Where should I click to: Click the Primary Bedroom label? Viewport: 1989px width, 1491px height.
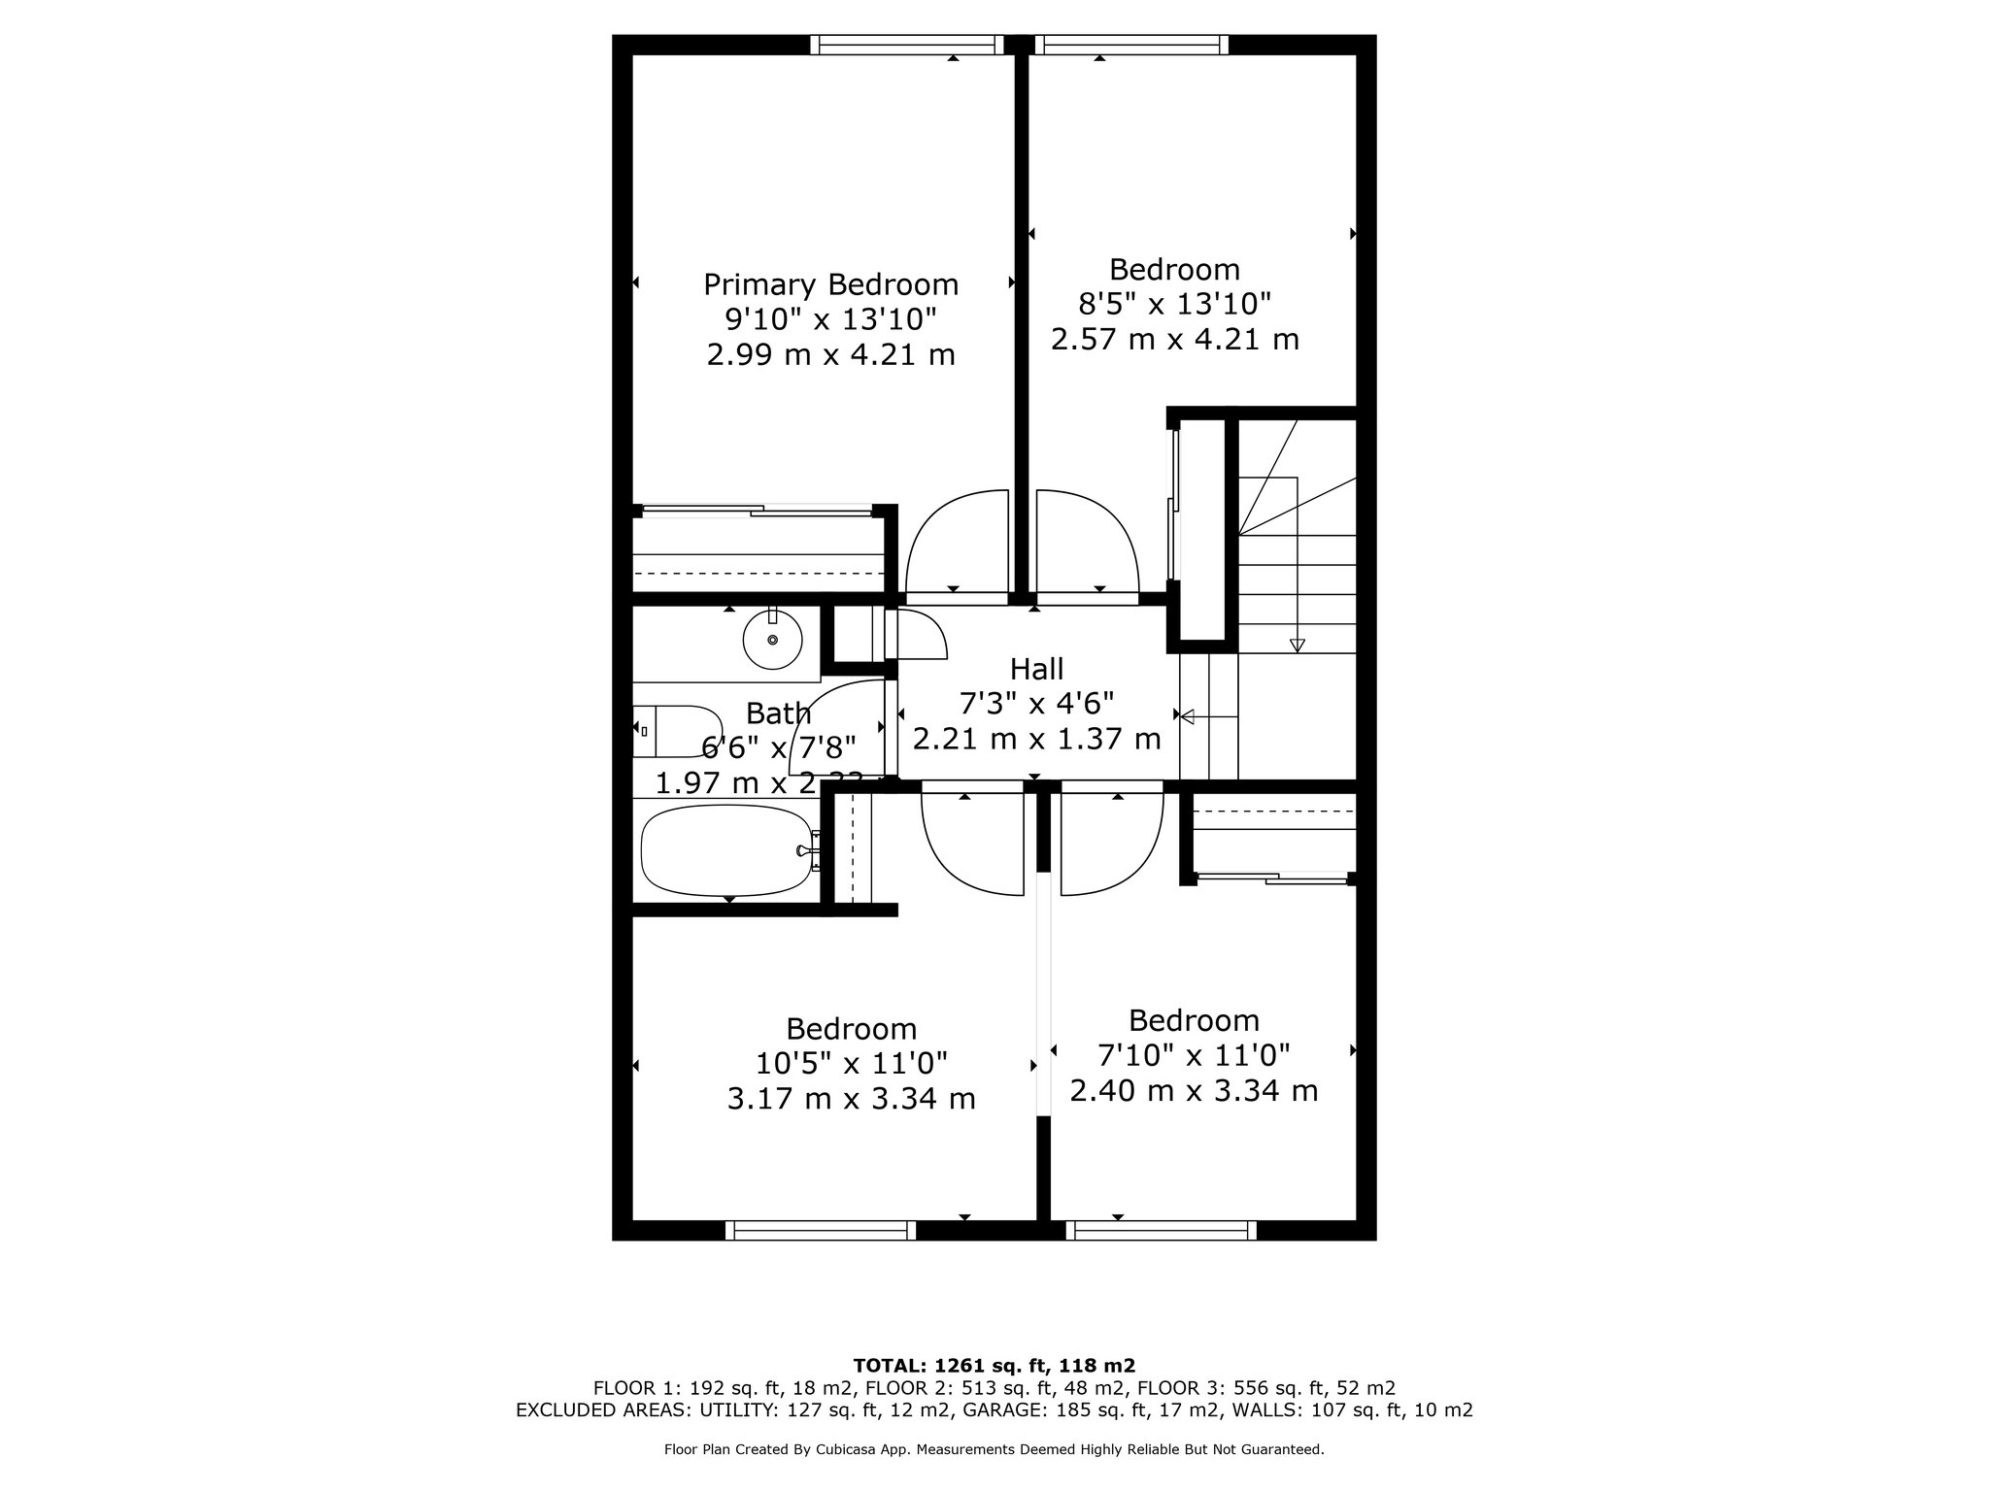tap(830, 284)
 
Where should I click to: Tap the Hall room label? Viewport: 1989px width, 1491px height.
tap(1036, 669)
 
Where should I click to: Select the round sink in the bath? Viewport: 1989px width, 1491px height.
tap(772, 640)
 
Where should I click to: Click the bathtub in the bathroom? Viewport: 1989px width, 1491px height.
tap(727, 850)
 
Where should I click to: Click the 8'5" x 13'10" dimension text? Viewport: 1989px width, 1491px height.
tap(1174, 304)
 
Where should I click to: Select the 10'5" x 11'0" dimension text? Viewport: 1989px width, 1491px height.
tap(851, 1063)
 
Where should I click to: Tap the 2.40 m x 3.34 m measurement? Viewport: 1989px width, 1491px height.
tap(1194, 1090)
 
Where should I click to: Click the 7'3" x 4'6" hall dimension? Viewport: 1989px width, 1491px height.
tap(1036, 703)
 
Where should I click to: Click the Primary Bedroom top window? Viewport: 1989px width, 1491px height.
tap(907, 45)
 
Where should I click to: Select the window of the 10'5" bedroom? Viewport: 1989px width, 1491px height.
tap(821, 1230)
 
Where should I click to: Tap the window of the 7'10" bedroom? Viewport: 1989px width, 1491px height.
tap(1161, 1230)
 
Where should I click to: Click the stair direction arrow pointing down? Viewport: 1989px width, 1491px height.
tap(1297, 645)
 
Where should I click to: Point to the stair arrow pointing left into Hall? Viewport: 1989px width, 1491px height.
tap(1187, 715)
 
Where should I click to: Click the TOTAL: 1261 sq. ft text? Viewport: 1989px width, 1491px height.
tap(994, 1364)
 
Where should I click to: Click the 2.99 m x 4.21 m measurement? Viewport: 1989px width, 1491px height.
tap(830, 354)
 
